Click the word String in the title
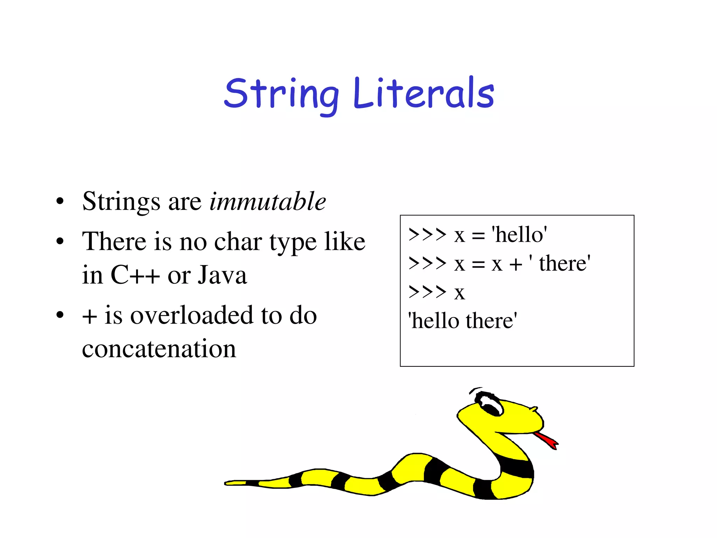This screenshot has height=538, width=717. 281,94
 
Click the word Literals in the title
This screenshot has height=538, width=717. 424,93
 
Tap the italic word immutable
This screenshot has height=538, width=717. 267,202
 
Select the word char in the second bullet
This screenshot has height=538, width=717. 238,242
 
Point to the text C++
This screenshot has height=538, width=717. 135,275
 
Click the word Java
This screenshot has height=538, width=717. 222,275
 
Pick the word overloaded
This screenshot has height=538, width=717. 191,315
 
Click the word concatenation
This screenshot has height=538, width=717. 159,349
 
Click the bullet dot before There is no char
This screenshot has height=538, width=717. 60,242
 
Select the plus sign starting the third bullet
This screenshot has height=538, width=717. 89,316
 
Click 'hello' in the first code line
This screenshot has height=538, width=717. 519,234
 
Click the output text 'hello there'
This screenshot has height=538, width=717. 462,321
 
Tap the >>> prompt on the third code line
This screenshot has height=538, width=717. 427,292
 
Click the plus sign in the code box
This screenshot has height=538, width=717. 516,264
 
